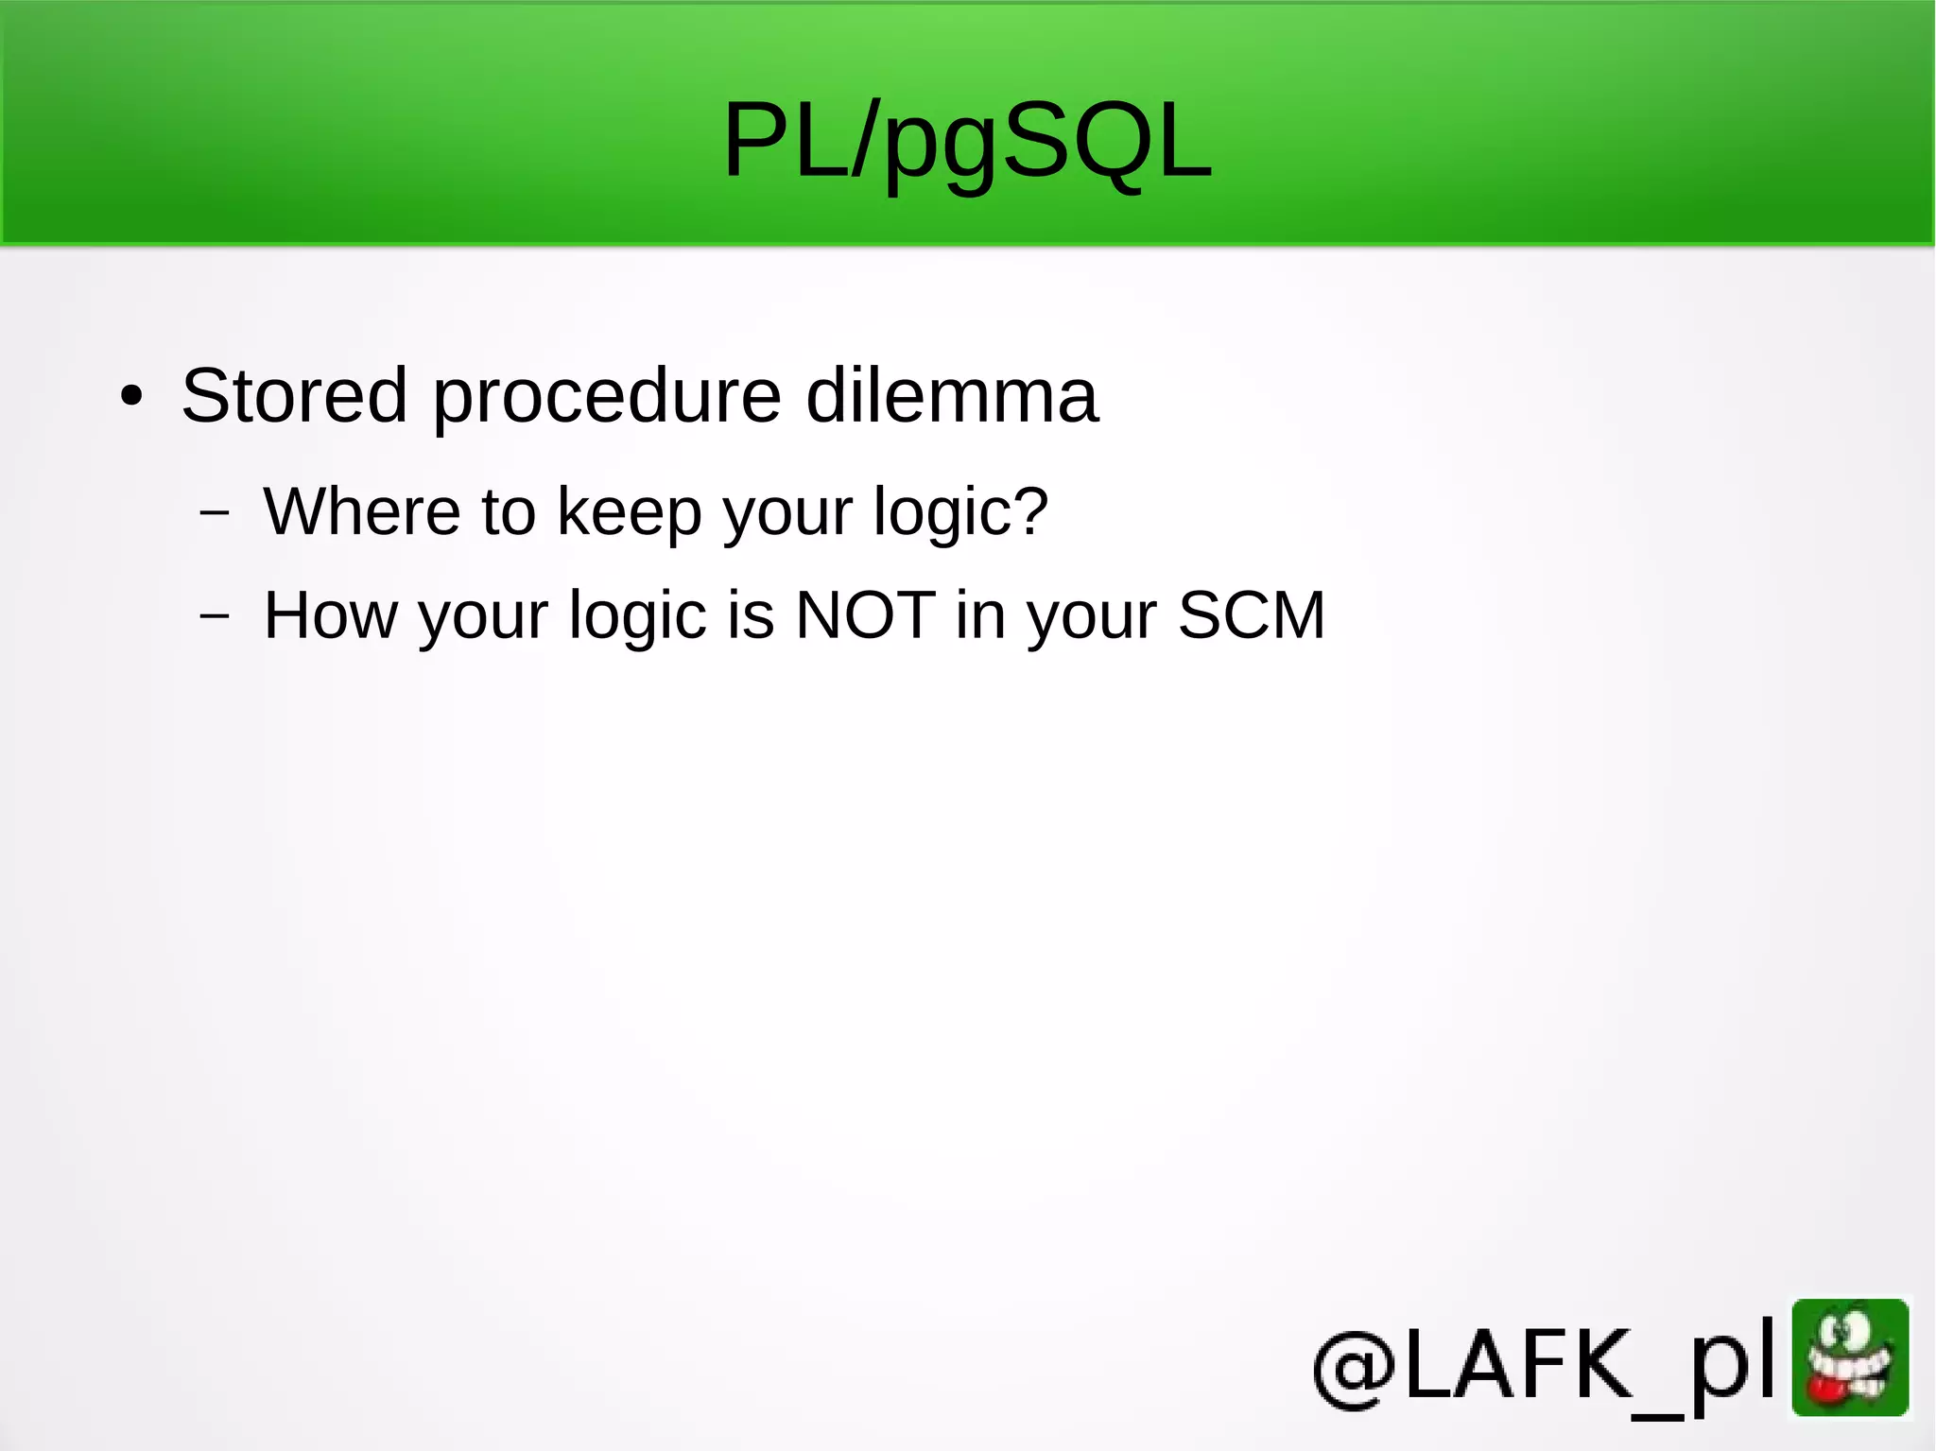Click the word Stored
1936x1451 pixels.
(294, 395)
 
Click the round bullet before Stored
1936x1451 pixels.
(131, 397)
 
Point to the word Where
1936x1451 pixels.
(361, 511)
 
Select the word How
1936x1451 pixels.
(330, 615)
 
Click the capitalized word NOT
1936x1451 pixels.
(865, 615)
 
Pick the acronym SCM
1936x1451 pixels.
(1251, 615)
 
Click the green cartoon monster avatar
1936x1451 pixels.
(1850, 1357)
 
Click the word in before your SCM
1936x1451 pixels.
(979, 615)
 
